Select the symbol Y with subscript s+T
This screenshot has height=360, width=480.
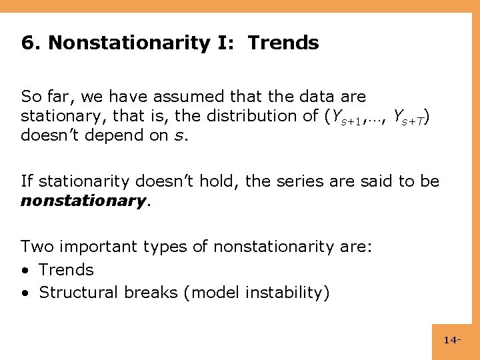[x=407, y=117]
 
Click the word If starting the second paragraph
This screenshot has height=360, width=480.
[x=27, y=181]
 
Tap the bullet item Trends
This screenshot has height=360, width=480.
[x=66, y=269]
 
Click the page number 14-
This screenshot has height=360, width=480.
[x=452, y=340]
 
